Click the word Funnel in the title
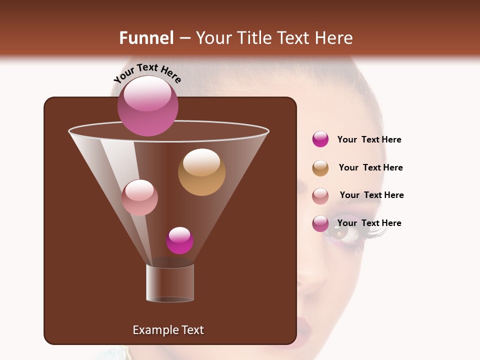click(x=146, y=38)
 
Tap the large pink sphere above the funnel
click(x=148, y=106)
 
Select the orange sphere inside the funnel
click(x=201, y=172)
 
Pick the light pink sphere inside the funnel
click(x=139, y=197)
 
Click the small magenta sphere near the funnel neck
click(x=179, y=240)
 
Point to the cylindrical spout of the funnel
click(x=170, y=283)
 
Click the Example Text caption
click(x=168, y=330)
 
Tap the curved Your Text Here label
click(x=147, y=73)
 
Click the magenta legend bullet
click(x=320, y=139)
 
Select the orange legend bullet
click(x=320, y=168)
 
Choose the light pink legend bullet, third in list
click(x=320, y=196)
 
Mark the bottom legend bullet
click(x=320, y=223)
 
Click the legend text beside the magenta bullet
click(x=369, y=139)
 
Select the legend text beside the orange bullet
click(x=370, y=167)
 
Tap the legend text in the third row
click(x=371, y=195)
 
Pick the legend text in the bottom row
click(x=369, y=223)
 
